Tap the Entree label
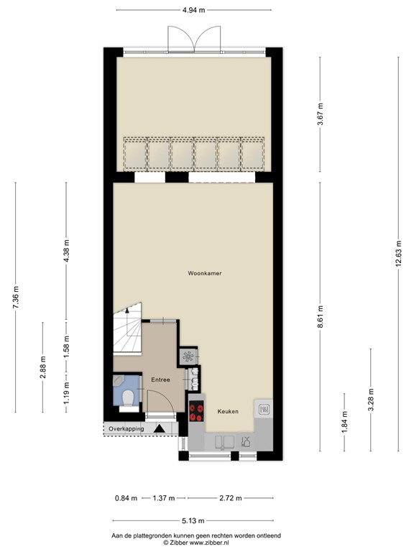[x=160, y=379]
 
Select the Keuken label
[x=228, y=412]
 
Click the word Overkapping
[x=126, y=429]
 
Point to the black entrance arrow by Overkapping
[x=160, y=429]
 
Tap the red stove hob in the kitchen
[x=195, y=411]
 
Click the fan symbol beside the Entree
[x=188, y=356]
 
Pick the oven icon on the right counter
[x=263, y=410]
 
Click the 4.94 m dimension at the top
[x=193, y=10]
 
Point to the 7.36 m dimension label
[x=16, y=298]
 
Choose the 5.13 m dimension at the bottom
[x=192, y=521]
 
